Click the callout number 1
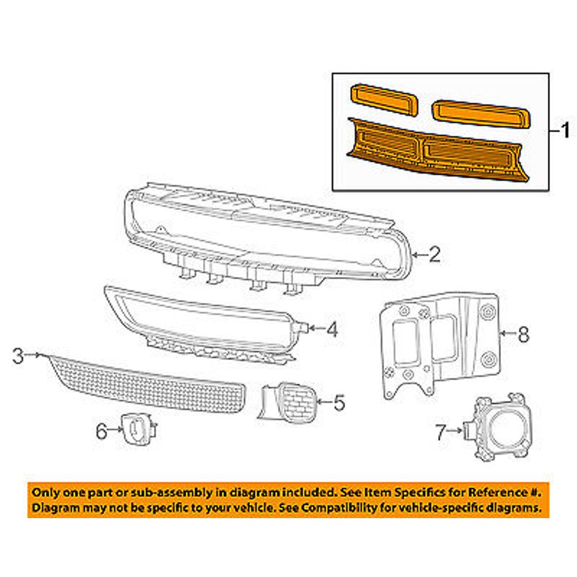pos(565,131)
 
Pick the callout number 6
pos(102,430)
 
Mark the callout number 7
pos(441,430)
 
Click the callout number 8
pos(523,335)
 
